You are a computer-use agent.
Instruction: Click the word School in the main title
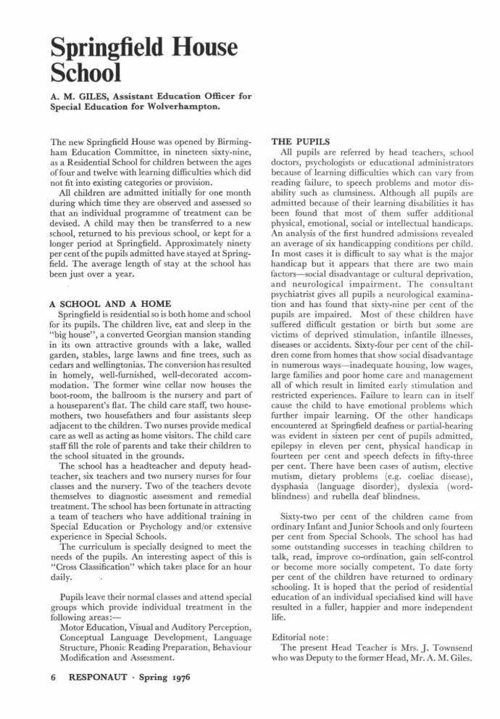point(86,73)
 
